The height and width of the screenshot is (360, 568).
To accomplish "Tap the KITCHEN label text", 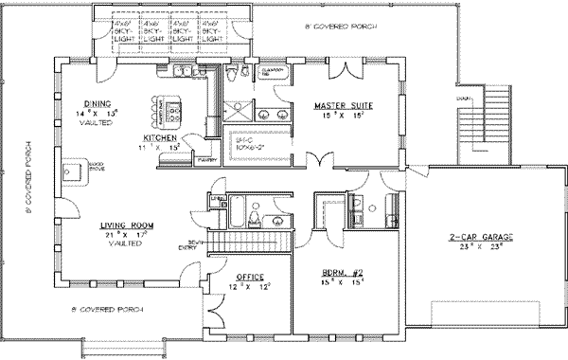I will click(148, 137).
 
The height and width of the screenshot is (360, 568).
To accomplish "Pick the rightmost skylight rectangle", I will click(214, 32).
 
